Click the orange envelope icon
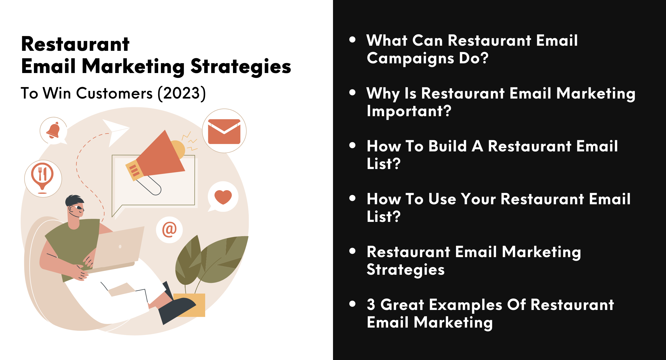click(x=224, y=131)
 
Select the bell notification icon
click(x=53, y=130)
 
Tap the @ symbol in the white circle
click(x=169, y=230)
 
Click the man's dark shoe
click(x=176, y=310)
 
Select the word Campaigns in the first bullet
click(x=411, y=58)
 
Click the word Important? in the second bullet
click(x=409, y=111)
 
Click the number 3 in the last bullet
click(x=371, y=304)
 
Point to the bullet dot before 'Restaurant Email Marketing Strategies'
click(x=352, y=251)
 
